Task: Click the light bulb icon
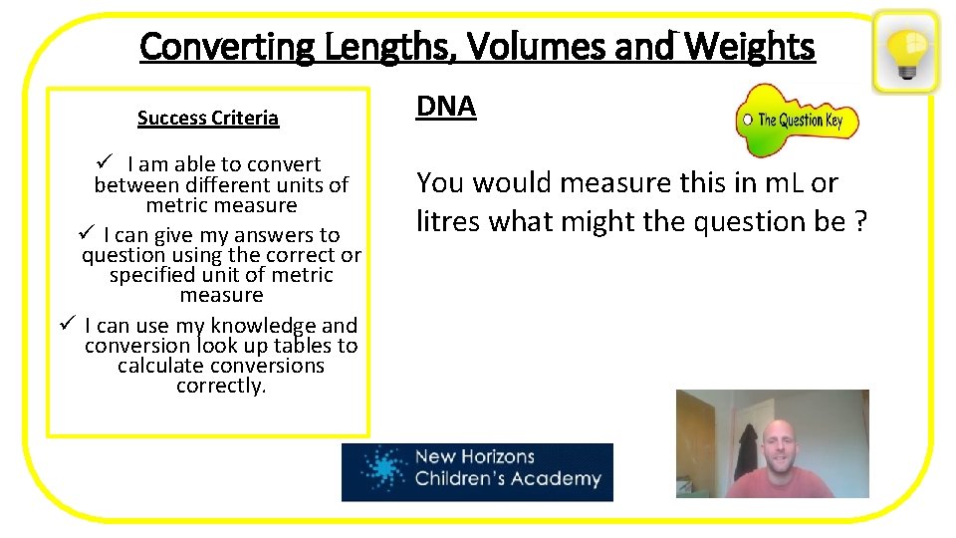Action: coord(905,51)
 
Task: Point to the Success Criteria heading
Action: coord(208,119)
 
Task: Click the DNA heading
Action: coord(446,108)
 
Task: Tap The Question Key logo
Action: coord(797,121)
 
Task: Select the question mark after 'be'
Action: coord(860,221)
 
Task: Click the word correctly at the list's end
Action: coord(221,386)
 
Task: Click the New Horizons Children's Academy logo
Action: coord(477,471)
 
